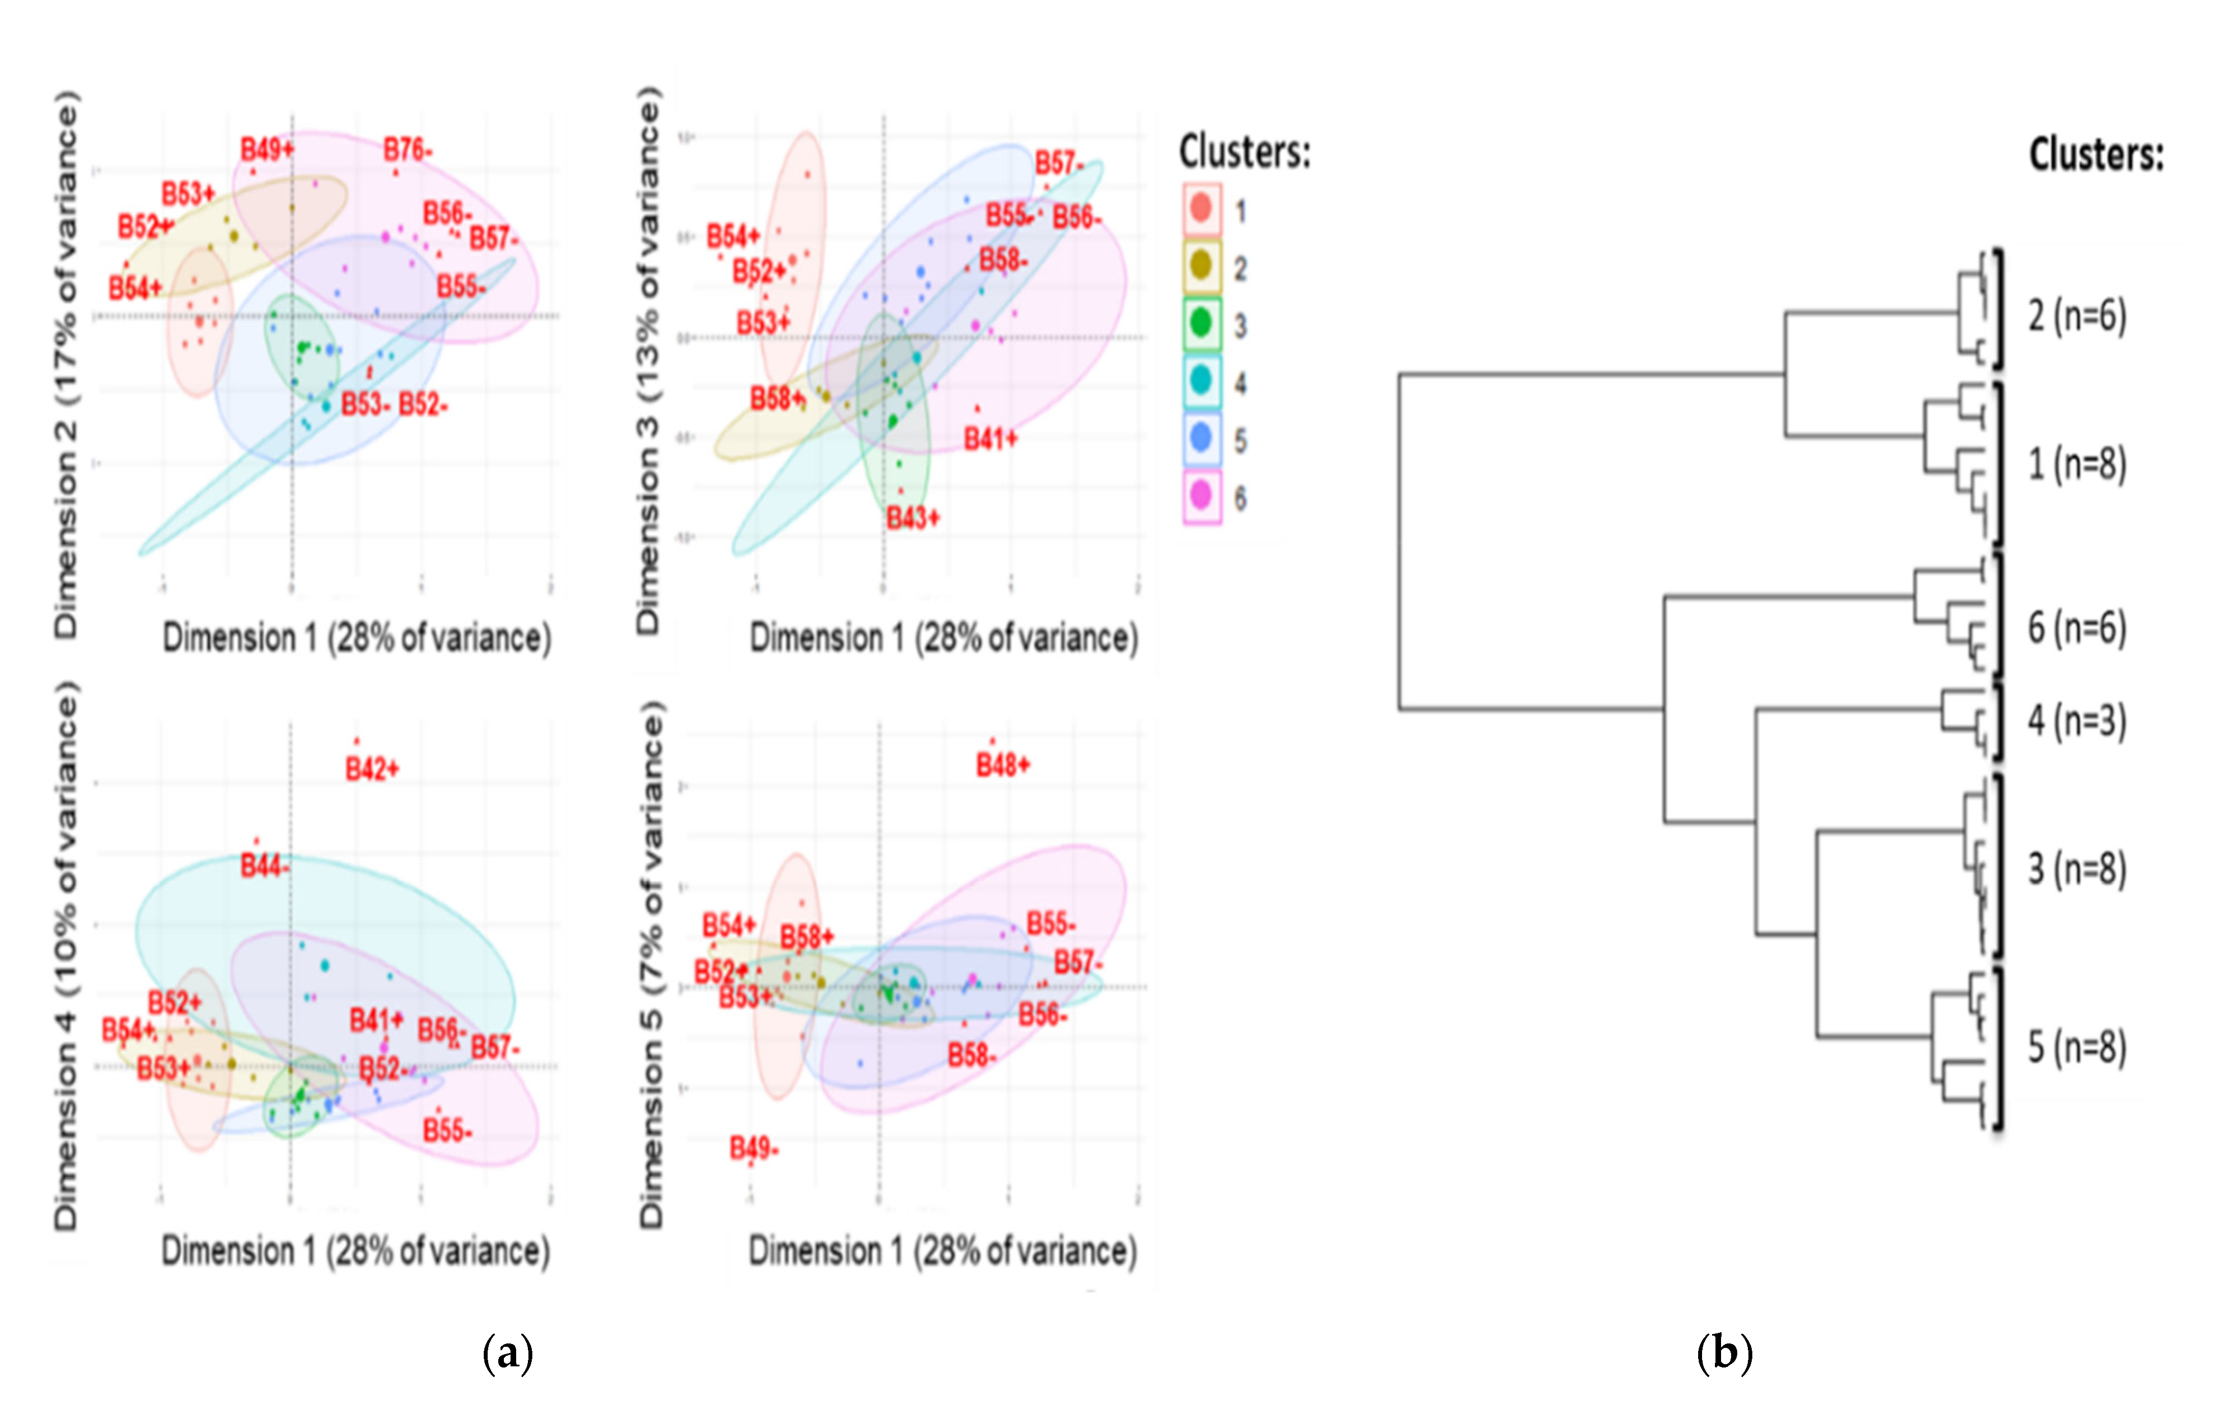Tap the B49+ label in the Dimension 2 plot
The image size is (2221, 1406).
pyautogui.click(x=266, y=149)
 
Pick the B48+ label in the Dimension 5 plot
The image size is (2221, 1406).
pyautogui.click(x=1003, y=764)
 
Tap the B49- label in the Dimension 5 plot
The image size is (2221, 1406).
pyautogui.click(x=754, y=1148)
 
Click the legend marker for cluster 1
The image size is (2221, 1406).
pyautogui.click(x=1201, y=208)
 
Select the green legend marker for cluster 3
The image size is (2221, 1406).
pyautogui.click(x=1201, y=323)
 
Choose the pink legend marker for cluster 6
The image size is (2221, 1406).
pyautogui.click(x=1201, y=496)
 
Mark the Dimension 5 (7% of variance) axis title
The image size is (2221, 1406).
pyautogui.click(x=651, y=963)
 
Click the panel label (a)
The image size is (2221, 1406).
pyautogui.click(x=507, y=1354)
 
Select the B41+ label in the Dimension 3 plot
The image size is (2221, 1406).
pyautogui.click(x=990, y=439)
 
